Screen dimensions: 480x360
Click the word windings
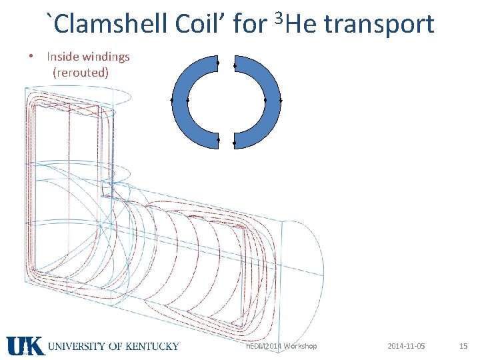pyautogui.click(x=106, y=57)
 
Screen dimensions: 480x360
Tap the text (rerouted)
pyautogui.click(x=81, y=72)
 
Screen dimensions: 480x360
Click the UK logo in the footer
pyautogui.click(x=25, y=346)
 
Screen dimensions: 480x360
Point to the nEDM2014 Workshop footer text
pyautogui.click(x=281, y=346)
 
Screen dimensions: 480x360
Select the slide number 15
pyautogui.click(x=463, y=346)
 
